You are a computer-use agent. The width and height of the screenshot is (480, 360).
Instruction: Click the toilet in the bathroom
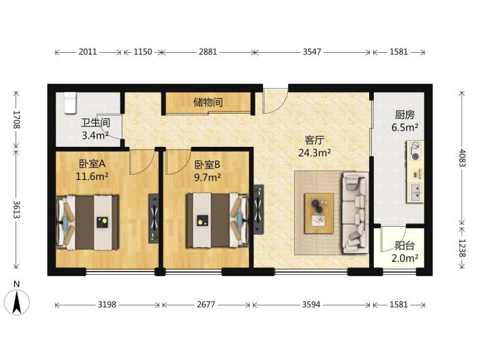70,103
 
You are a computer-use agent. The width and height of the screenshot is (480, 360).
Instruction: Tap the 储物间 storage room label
208,102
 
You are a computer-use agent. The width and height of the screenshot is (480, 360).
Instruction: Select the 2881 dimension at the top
208,52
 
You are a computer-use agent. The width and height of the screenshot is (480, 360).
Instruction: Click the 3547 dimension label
312,51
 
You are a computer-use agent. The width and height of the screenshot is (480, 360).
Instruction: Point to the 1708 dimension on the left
17,120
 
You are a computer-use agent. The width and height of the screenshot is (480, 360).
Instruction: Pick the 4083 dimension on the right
462,158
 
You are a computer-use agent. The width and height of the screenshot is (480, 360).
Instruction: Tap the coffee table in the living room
319,213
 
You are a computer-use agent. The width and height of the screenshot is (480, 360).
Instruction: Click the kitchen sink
415,193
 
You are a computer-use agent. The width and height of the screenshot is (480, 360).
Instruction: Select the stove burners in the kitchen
415,151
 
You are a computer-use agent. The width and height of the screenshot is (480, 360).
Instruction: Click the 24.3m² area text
314,152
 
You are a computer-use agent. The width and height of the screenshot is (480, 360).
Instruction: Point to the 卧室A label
92,164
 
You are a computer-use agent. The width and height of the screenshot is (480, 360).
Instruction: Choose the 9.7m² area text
208,177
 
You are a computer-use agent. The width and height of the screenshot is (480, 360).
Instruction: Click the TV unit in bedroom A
153,219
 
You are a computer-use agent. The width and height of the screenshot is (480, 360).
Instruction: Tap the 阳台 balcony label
405,246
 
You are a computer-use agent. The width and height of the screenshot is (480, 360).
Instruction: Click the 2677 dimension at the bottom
206,305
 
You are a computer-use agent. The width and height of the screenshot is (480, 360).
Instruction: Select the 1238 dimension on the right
462,248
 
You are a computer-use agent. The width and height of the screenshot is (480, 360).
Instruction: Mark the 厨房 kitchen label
405,115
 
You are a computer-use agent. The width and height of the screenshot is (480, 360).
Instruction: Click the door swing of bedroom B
174,162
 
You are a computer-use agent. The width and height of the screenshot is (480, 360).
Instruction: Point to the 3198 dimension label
107,305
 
